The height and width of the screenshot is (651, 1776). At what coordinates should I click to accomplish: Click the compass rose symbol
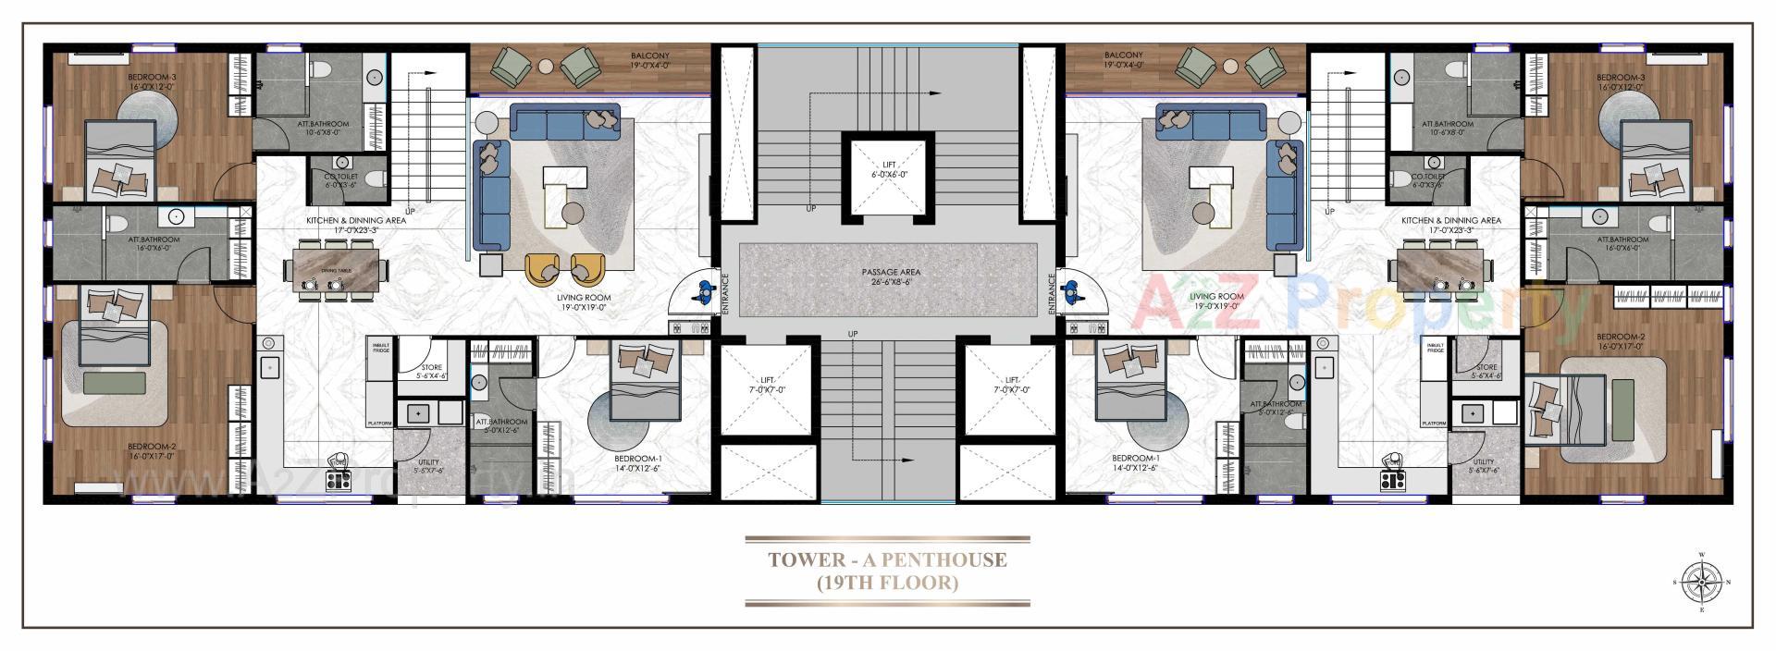1700,583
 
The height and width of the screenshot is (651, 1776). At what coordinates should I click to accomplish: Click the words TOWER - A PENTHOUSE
887,559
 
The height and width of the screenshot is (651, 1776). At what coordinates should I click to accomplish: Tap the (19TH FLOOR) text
887,583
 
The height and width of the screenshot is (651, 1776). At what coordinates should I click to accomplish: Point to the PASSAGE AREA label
887,273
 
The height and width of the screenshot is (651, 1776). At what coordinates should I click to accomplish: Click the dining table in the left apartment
336,265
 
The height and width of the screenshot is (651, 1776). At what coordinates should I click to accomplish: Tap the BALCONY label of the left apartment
650,56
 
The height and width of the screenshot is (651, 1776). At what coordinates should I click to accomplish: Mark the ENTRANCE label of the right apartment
1053,293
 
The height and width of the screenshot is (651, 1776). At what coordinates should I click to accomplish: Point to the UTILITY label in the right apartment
1483,462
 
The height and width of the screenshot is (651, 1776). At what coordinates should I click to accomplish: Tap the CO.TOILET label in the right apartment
1428,176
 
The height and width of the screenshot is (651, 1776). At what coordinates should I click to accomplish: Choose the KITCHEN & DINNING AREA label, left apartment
356,221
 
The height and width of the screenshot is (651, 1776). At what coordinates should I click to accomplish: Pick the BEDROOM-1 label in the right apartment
1136,459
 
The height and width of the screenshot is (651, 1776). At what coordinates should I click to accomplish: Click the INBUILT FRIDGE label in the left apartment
381,348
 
